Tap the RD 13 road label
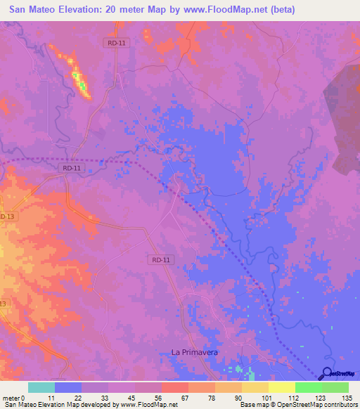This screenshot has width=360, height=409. coord(7,216)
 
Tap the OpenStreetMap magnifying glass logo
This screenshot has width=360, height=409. coord(327,373)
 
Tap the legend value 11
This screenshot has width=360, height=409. coord(41,398)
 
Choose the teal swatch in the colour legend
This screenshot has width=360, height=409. coord(41,387)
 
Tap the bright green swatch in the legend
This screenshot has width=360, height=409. coord(309,387)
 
